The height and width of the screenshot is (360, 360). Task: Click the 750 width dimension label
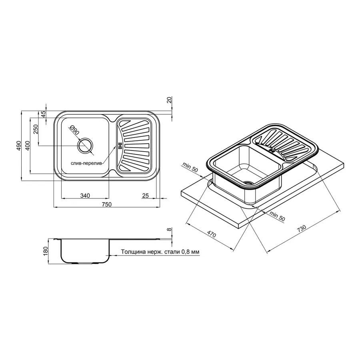(x=106, y=204)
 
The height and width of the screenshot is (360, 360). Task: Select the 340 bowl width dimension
(x=85, y=196)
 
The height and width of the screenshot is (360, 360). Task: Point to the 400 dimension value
(x=27, y=146)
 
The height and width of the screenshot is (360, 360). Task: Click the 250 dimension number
(x=35, y=130)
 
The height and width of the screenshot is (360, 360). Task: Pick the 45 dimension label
(x=43, y=114)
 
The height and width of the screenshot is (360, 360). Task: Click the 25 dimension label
(x=145, y=196)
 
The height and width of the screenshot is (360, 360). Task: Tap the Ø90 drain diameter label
(x=75, y=130)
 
